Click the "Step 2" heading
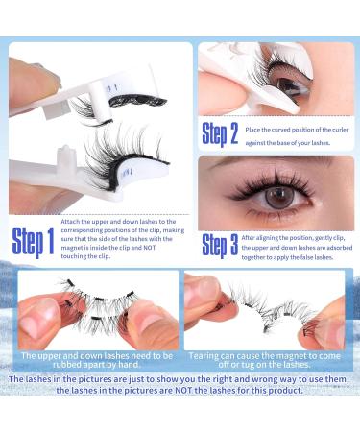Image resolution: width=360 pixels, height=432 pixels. click(221, 132)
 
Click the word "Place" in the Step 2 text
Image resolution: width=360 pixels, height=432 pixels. click(254, 126)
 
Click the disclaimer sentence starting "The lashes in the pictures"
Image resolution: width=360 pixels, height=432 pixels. click(180, 388)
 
